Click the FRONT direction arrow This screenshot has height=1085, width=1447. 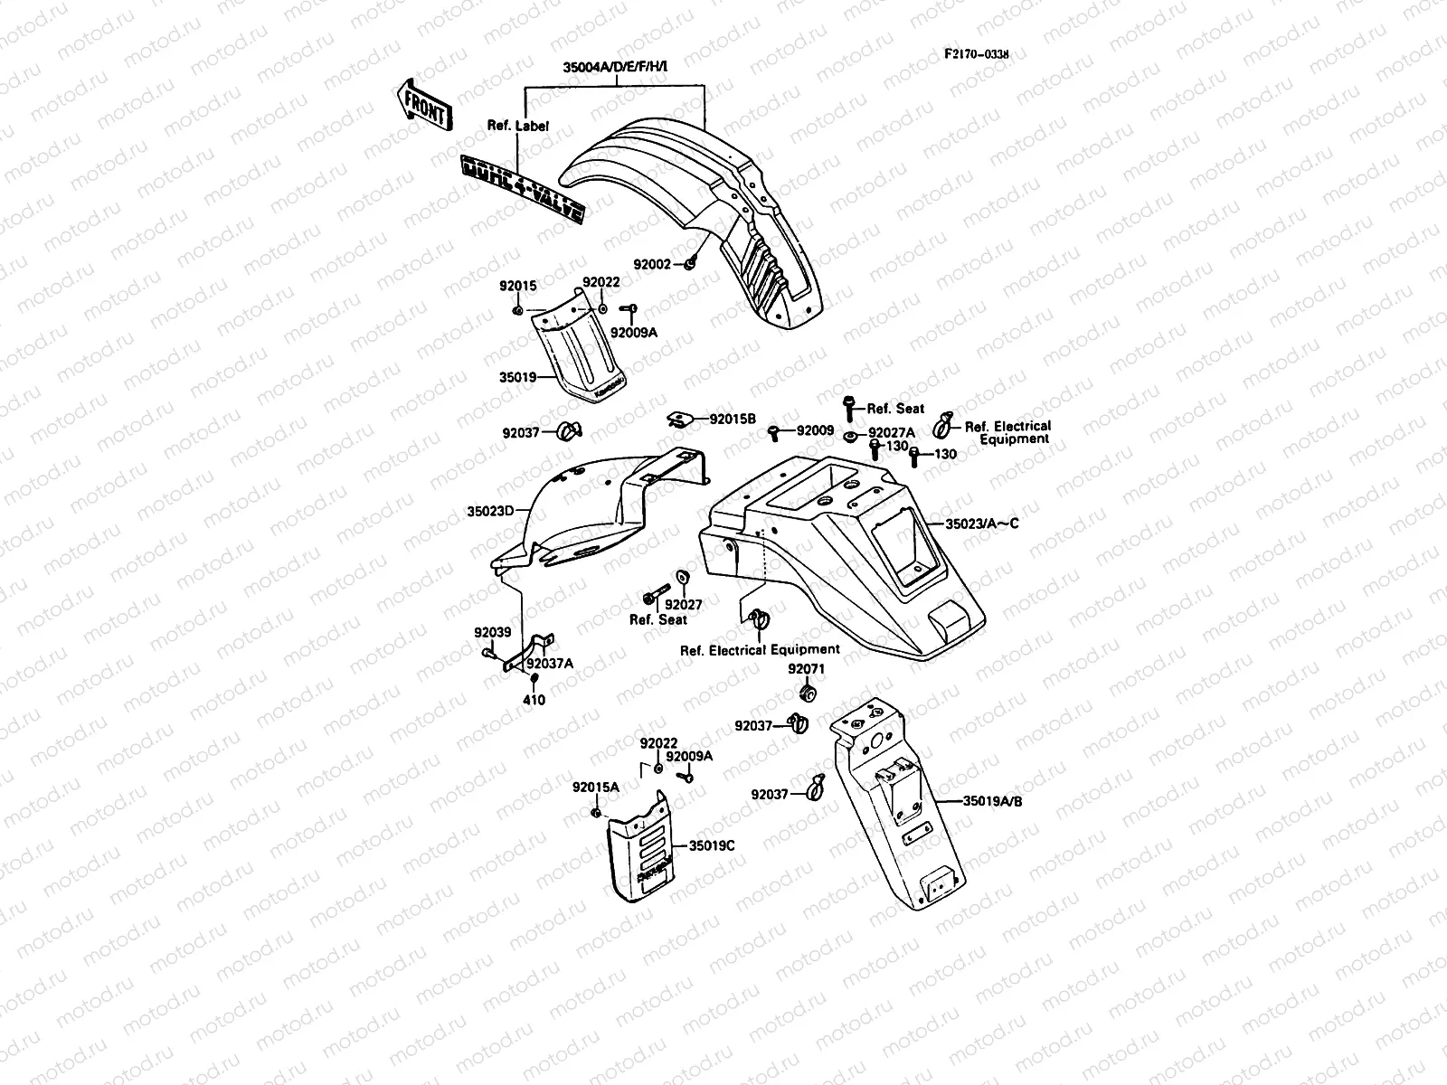tap(422, 104)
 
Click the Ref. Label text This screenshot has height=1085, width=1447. tap(517, 127)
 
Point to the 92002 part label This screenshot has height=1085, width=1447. tap(651, 264)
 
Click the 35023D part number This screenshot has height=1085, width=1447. tap(490, 511)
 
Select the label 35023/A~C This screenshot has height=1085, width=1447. tap(981, 524)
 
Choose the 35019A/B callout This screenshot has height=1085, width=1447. tap(993, 800)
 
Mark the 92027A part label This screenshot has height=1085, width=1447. tap(891, 433)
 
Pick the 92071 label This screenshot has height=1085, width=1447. tap(806, 669)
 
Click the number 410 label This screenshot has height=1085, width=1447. tap(534, 700)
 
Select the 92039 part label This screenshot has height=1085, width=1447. tap(492, 632)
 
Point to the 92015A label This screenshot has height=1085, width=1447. tap(595, 787)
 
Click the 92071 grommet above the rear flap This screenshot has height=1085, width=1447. tap(808, 693)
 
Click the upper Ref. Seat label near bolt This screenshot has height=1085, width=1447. tap(895, 409)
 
